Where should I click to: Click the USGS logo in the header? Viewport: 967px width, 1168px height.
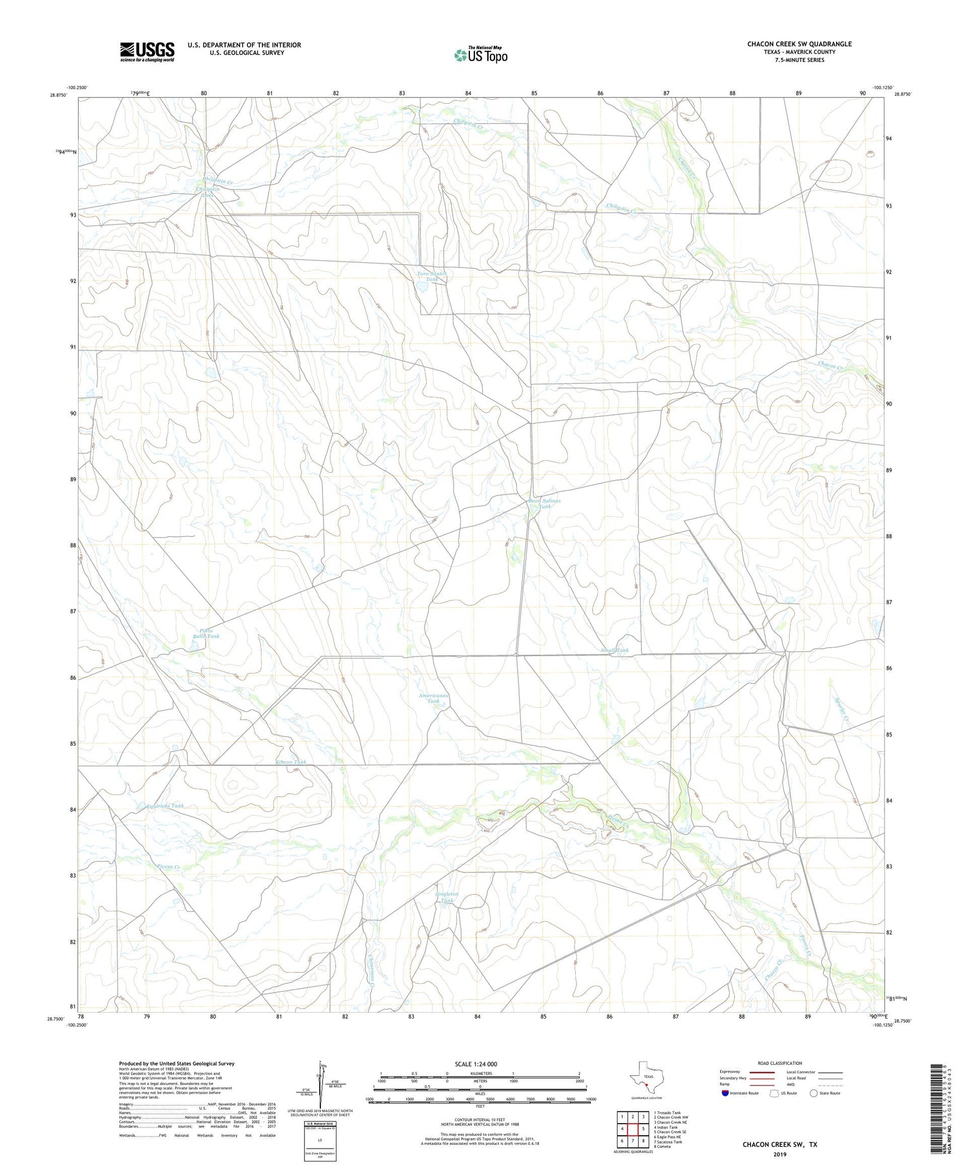point(146,52)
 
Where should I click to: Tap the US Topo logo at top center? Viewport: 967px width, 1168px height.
point(480,55)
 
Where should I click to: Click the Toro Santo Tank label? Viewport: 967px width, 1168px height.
point(431,276)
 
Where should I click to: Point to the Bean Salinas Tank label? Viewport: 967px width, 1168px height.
point(545,503)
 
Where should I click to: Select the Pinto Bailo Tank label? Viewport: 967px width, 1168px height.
point(205,633)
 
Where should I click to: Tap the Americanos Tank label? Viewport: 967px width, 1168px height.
point(433,698)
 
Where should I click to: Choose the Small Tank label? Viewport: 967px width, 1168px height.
point(614,650)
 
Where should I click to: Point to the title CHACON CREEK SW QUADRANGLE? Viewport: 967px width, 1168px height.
point(799,44)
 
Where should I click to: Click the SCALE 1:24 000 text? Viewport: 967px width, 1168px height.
point(476,1064)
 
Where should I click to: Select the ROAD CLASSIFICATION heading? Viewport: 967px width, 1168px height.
point(780,1063)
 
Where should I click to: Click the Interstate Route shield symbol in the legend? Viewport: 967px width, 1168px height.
point(725,1093)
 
